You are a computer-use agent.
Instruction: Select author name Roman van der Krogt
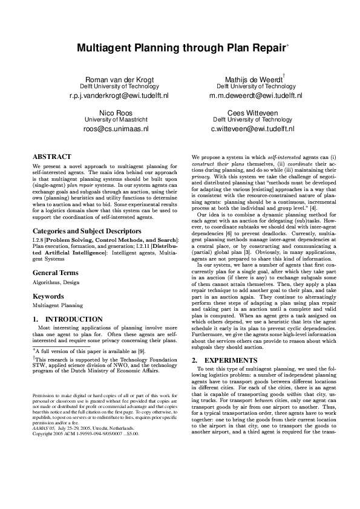tap(119, 80)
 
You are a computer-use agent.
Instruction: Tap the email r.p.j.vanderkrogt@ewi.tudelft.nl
tap(119, 96)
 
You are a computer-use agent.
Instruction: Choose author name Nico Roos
tap(119, 113)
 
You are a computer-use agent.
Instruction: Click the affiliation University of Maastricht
tap(119, 120)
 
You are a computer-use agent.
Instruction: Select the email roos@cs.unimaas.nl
tap(119, 129)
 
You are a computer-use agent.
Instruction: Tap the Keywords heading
tap(48, 297)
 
